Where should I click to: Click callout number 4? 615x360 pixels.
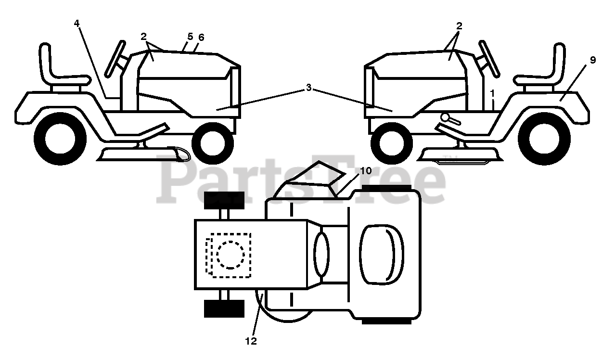click(77, 23)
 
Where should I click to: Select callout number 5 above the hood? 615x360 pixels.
click(190, 36)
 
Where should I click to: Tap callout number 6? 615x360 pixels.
click(201, 37)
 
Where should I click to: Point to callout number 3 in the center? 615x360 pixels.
click(308, 88)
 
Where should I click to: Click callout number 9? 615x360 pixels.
click(592, 60)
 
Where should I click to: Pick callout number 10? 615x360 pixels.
click(365, 171)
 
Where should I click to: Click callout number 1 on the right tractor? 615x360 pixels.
click(492, 92)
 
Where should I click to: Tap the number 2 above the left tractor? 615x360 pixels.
click(143, 36)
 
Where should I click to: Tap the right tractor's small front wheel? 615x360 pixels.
click(394, 142)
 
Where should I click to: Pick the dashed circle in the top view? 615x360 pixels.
click(231, 255)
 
